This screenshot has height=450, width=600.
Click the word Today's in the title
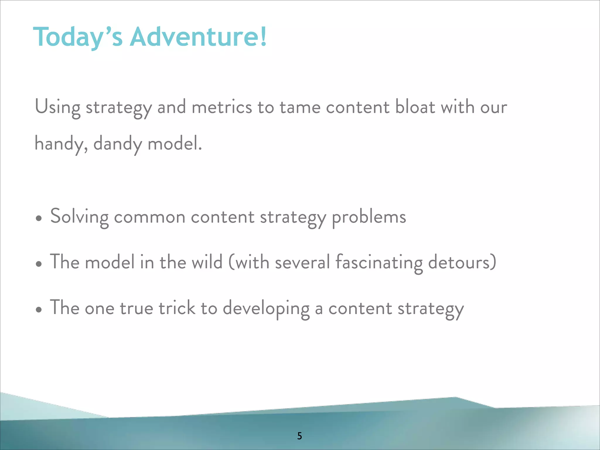(x=78, y=37)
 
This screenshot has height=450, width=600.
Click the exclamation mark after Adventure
(x=263, y=37)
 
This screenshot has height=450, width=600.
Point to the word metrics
(x=222, y=107)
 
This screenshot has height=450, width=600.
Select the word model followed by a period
(x=175, y=144)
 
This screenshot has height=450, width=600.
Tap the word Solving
(x=79, y=217)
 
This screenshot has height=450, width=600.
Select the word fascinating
(x=379, y=262)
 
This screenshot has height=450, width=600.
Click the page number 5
(x=299, y=436)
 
